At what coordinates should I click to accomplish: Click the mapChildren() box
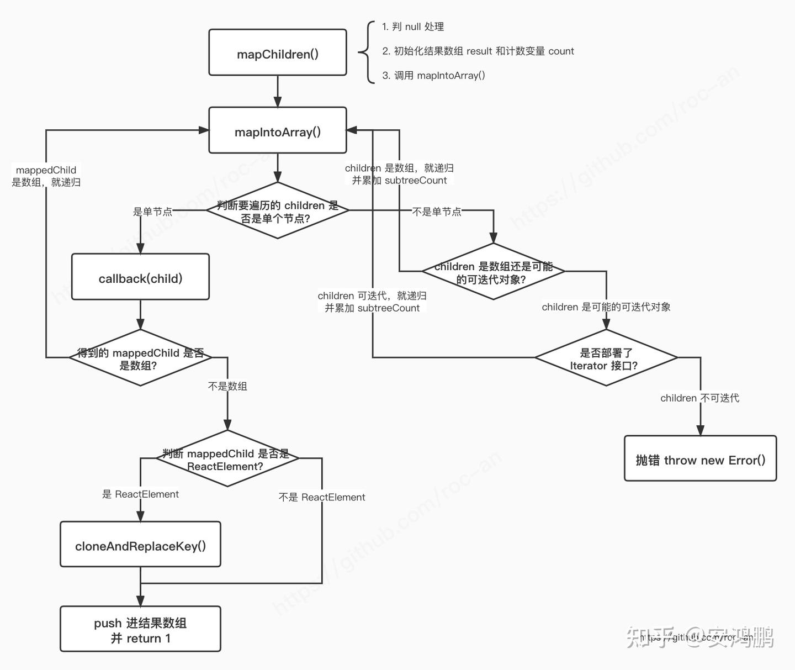tap(278, 53)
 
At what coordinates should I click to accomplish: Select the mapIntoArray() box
tap(278, 131)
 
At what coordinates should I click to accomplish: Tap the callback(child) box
tap(140, 277)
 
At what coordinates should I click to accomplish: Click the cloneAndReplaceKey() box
tap(140, 545)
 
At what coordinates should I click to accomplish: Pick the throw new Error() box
tap(700, 459)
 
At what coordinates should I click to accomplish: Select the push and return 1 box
tap(140, 630)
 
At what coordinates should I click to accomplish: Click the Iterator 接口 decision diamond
tap(606, 358)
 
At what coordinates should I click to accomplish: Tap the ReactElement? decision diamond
tap(227, 458)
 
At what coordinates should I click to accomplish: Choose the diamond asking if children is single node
tap(278, 210)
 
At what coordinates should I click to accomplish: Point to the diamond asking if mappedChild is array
tap(140, 358)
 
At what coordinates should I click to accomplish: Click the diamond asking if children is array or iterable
tap(493, 272)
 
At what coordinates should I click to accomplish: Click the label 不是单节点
tap(437, 212)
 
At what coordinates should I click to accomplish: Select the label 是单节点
tap(152, 212)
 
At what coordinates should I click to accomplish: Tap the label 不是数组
tap(227, 386)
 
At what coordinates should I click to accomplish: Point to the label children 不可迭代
tap(699, 398)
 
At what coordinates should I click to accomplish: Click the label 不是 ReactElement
tap(322, 497)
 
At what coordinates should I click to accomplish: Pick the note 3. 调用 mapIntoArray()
tap(434, 76)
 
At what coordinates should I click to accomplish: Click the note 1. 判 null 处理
tap(413, 27)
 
